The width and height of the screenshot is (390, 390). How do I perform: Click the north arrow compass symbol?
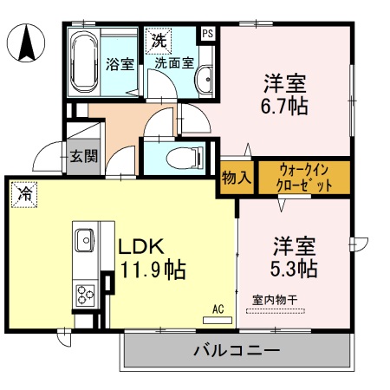click(27, 41)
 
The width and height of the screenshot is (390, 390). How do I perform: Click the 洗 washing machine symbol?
click(159, 40)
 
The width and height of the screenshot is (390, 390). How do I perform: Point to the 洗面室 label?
click(172, 62)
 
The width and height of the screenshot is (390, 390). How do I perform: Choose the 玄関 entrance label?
click(84, 156)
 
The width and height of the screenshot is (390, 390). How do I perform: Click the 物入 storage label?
click(236, 178)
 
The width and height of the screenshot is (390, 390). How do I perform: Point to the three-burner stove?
click(85, 292)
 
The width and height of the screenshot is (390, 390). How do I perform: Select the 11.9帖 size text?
click(151, 270)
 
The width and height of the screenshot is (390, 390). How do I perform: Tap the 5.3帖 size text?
click(296, 268)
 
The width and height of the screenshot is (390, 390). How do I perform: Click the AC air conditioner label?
click(218, 308)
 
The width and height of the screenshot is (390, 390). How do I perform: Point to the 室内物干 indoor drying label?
click(276, 300)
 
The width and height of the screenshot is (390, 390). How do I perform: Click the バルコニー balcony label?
click(236, 352)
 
